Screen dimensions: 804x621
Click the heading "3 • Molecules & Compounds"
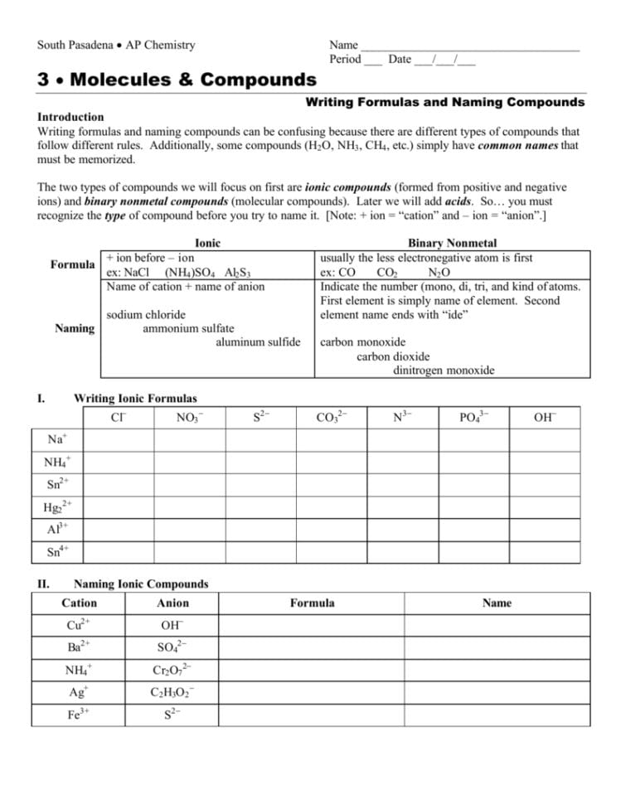[x=177, y=80]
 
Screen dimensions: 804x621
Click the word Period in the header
[x=345, y=60]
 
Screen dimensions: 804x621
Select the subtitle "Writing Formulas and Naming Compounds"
[x=445, y=103]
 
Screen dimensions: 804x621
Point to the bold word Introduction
[x=70, y=117]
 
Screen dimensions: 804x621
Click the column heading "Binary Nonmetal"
[x=452, y=243]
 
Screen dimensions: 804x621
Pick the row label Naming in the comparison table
[x=74, y=328]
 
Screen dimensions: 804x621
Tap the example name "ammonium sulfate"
[x=188, y=328]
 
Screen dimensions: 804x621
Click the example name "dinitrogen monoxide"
[x=444, y=371]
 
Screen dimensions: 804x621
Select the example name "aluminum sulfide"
[x=258, y=341]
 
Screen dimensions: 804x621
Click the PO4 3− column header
[x=473, y=417]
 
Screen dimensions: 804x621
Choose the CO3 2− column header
[x=332, y=417]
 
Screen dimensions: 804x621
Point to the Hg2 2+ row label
[x=58, y=506]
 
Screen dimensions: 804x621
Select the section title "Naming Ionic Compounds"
[x=141, y=584]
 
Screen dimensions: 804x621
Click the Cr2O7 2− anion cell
[x=172, y=670]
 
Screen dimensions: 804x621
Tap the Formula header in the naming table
[x=312, y=603]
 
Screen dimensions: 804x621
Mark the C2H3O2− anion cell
[x=172, y=692]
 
